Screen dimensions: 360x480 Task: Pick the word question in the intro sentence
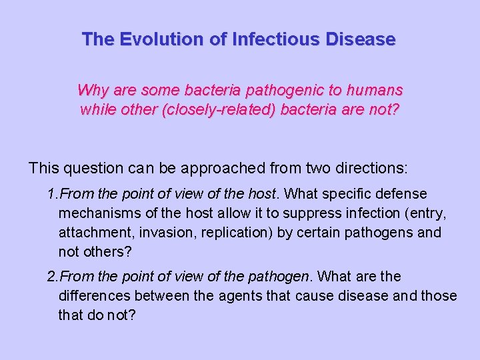tap(90, 167)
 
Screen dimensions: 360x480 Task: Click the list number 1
tap(51, 194)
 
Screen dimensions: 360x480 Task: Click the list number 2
tap(51, 276)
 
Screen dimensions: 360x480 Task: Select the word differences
tap(93, 295)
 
